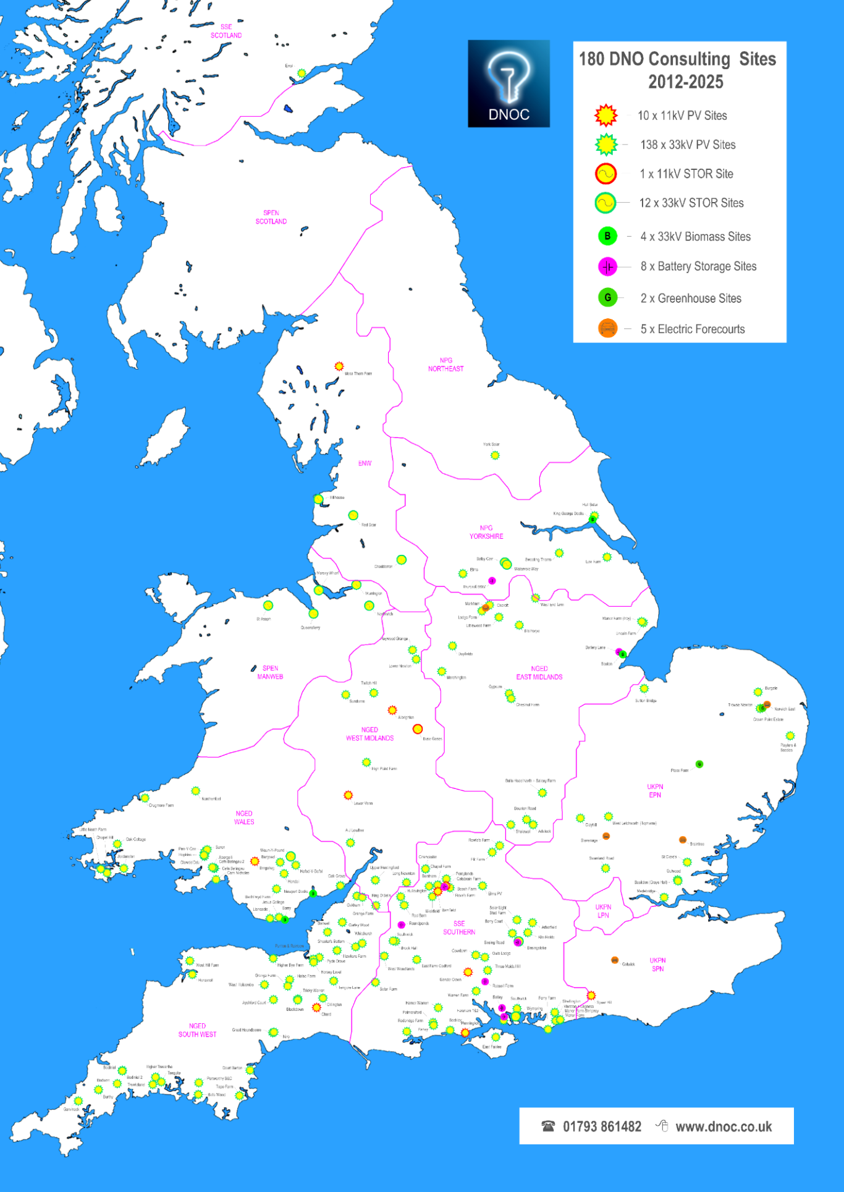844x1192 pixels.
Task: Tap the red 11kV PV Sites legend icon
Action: pos(606,116)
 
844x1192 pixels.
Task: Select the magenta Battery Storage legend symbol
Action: pos(607,266)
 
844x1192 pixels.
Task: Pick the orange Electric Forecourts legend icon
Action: pos(607,329)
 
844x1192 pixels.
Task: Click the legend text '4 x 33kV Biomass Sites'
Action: pos(695,237)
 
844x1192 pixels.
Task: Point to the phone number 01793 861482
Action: pos(602,1126)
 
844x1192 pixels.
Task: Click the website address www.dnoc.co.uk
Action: pos(723,1126)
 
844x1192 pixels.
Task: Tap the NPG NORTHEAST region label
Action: pos(445,365)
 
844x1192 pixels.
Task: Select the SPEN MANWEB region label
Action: pos(270,672)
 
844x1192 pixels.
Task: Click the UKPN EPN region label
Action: pos(655,791)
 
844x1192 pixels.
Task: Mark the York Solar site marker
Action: pos(494,455)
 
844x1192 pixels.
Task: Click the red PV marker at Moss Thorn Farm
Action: pos(339,366)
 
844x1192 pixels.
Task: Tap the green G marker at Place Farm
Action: pos(699,764)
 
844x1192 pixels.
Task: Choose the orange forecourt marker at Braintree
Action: pos(682,840)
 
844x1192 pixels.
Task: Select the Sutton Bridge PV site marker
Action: pos(644,688)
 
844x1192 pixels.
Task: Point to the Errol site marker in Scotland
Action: pos(302,73)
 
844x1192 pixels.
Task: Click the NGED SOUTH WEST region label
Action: pos(197,1030)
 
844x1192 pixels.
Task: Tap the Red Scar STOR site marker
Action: pos(353,515)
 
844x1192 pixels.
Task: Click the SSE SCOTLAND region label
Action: pos(226,32)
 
